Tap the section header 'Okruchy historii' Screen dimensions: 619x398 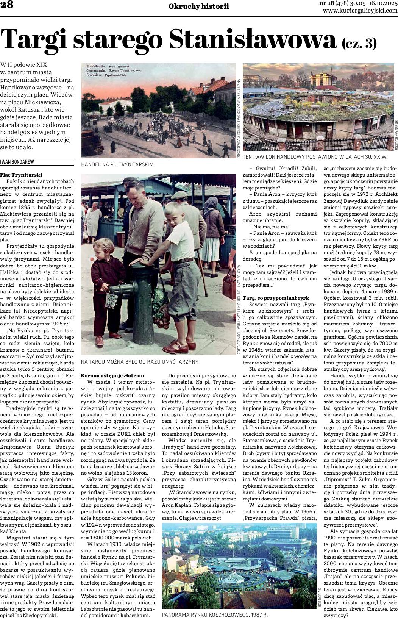coord(199,6)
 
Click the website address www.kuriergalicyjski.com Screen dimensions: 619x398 coord(360,11)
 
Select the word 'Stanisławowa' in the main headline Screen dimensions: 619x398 coord(253,38)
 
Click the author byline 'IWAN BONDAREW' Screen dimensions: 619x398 coord(17,162)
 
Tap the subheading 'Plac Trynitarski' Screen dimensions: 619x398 coord(21,175)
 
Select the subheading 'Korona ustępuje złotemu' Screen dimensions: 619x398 coord(108,375)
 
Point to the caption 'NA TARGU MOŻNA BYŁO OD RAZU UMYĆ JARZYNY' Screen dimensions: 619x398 coord(139,362)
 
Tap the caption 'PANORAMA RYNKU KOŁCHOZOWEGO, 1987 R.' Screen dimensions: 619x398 coord(214,615)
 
